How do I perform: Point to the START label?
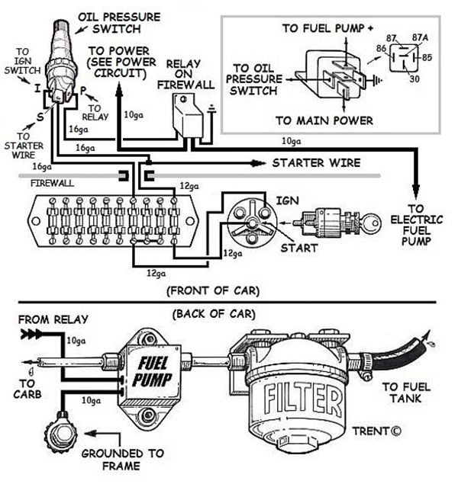[298, 248]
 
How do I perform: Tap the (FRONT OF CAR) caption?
[212, 290]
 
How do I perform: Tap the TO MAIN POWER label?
[324, 120]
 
